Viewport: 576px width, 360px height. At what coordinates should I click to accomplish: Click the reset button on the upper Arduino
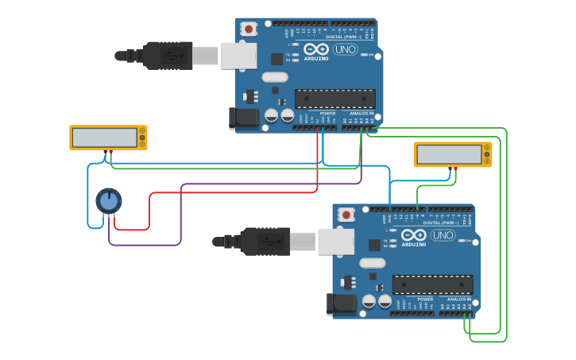pos(249,29)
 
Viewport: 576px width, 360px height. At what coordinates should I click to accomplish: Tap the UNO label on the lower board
pos(443,235)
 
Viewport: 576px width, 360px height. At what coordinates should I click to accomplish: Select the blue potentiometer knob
pos(109,201)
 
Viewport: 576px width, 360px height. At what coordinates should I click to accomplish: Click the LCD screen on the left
pos(104,137)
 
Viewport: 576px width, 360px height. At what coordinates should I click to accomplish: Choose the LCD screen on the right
pos(449,154)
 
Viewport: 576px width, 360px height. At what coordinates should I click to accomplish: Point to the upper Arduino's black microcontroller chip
pos(334,99)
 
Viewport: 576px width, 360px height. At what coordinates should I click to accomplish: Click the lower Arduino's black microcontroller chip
pos(432,285)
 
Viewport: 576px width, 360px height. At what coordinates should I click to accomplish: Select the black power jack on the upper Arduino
pos(244,118)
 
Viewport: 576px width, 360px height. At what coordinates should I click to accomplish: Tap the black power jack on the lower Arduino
pos(342,304)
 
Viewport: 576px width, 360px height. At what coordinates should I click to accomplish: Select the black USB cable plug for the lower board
pos(265,242)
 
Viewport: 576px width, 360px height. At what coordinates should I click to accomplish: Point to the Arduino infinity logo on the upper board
pos(315,49)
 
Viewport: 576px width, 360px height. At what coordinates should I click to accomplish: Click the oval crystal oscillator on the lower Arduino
pos(372,262)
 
